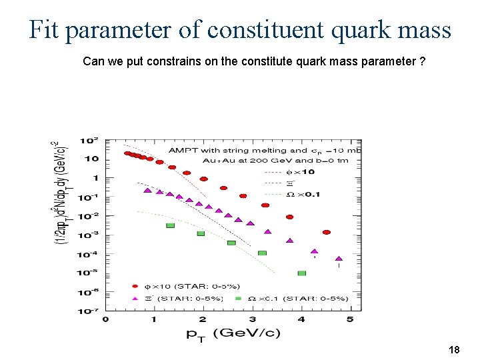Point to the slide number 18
[x=455, y=349]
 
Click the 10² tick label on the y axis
[x=89, y=141]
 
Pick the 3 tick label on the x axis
[x=252, y=320]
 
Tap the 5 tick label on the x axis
[x=350, y=320]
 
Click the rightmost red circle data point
[x=327, y=232]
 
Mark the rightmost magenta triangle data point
[x=339, y=258]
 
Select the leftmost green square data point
[x=170, y=225]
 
